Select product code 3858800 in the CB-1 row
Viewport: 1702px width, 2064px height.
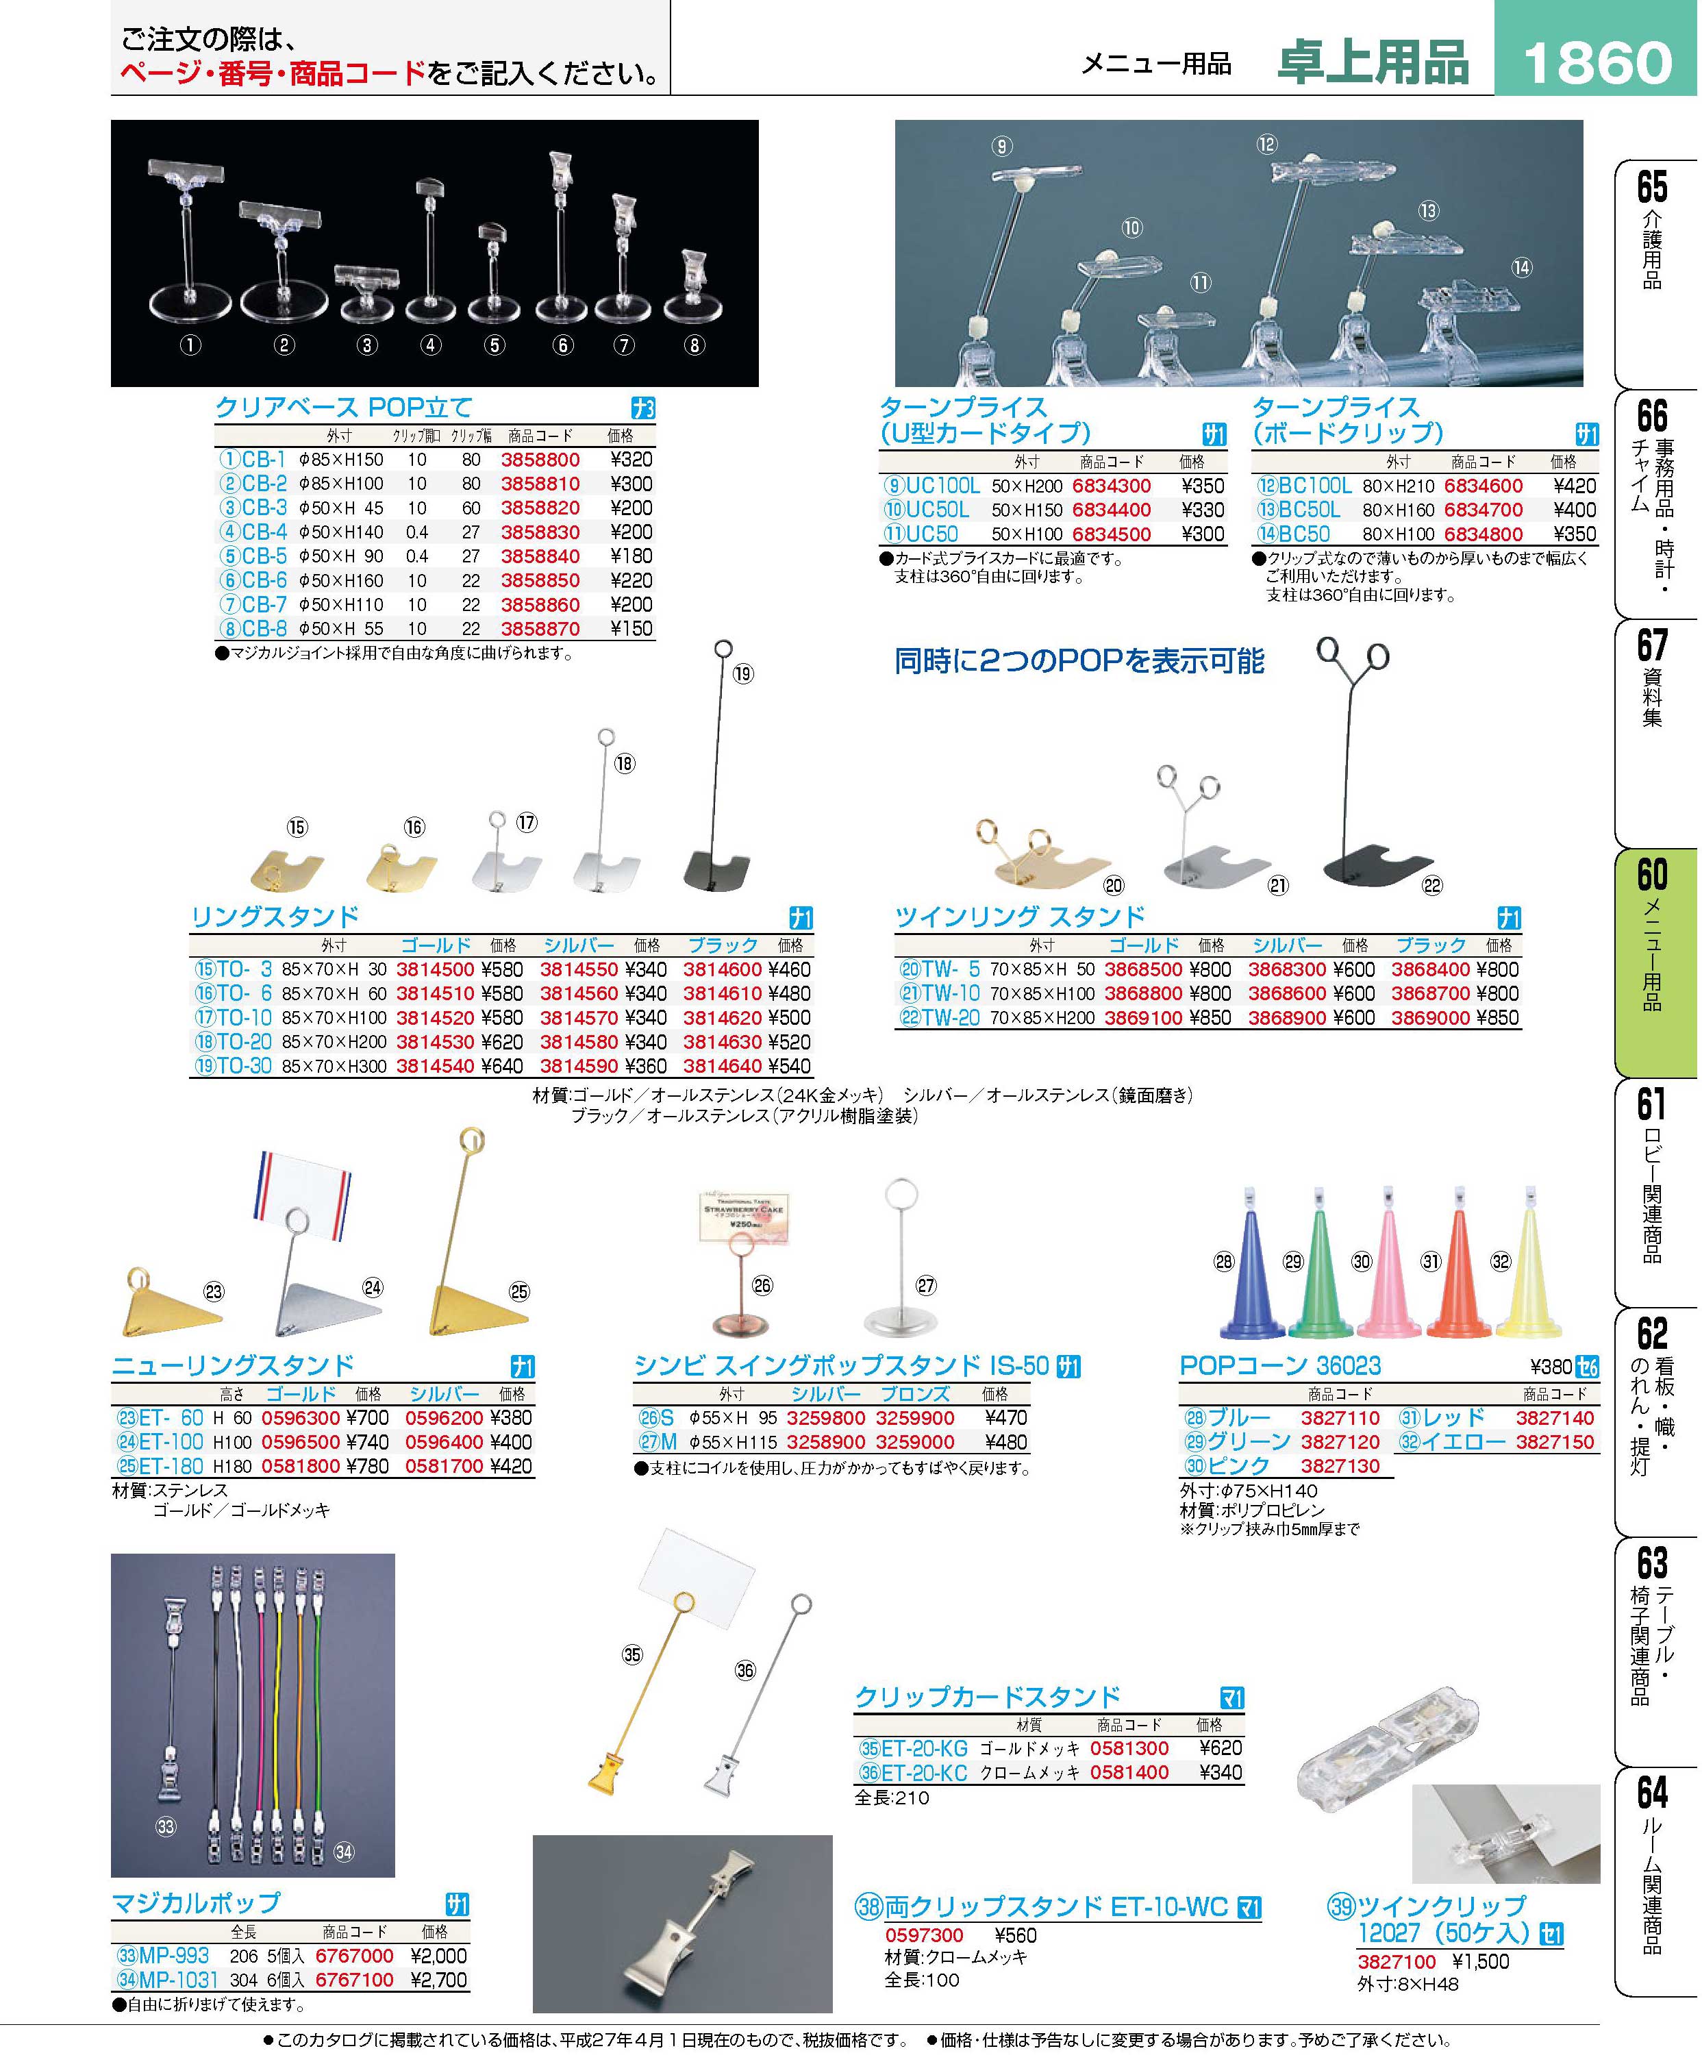click(x=540, y=460)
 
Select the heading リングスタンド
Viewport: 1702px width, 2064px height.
click(x=275, y=917)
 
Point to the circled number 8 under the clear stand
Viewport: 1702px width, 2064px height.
click(x=694, y=345)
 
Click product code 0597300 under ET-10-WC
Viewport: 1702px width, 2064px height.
click(x=925, y=1935)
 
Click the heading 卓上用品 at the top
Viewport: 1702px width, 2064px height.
click(x=1373, y=62)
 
